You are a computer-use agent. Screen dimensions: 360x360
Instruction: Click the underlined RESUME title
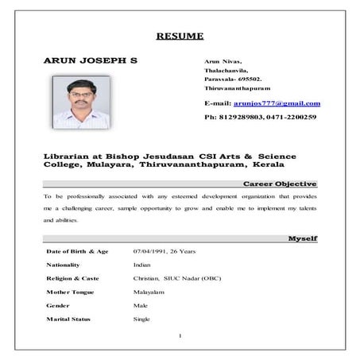tap(180, 35)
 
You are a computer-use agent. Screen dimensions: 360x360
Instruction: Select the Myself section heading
tap(303, 238)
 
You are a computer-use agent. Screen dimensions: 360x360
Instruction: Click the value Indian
tap(142, 265)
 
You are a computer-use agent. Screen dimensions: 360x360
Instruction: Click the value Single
tap(141, 319)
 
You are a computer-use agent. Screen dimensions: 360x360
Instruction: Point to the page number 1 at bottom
tap(180, 335)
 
